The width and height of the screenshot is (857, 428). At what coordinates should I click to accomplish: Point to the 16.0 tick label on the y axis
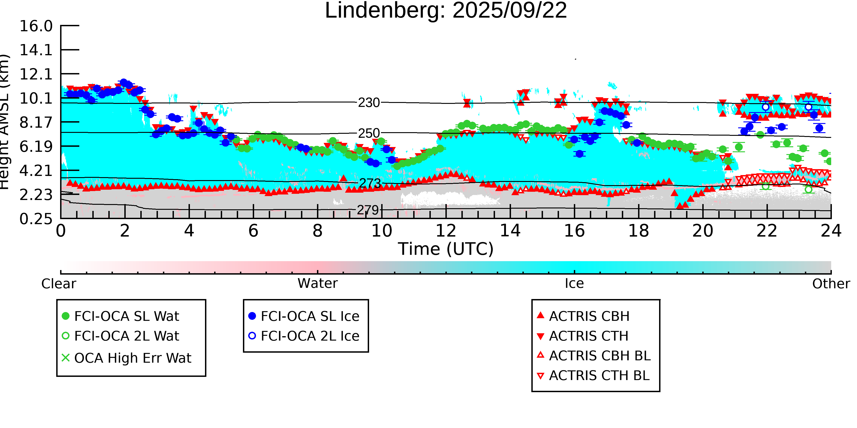[x=36, y=26]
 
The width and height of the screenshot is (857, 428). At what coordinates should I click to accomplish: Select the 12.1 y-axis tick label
[x=36, y=74]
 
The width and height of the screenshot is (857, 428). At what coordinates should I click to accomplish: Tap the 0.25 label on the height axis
[x=36, y=219]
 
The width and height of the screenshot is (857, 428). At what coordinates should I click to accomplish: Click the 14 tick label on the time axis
[x=510, y=231]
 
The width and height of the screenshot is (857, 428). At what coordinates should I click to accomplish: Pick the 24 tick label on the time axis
[x=831, y=231]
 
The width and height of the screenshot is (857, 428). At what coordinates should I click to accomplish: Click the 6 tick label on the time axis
[x=253, y=231]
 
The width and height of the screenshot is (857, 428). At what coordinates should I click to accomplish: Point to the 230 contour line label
[x=369, y=103]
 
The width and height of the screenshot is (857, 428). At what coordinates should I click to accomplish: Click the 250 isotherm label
[x=369, y=133]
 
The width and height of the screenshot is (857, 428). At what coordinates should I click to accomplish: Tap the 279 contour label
[x=368, y=210]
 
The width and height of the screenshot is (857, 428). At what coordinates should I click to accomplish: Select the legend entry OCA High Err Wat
[x=132, y=358]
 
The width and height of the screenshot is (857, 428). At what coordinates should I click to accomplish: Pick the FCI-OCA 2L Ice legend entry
[x=310, y=336]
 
